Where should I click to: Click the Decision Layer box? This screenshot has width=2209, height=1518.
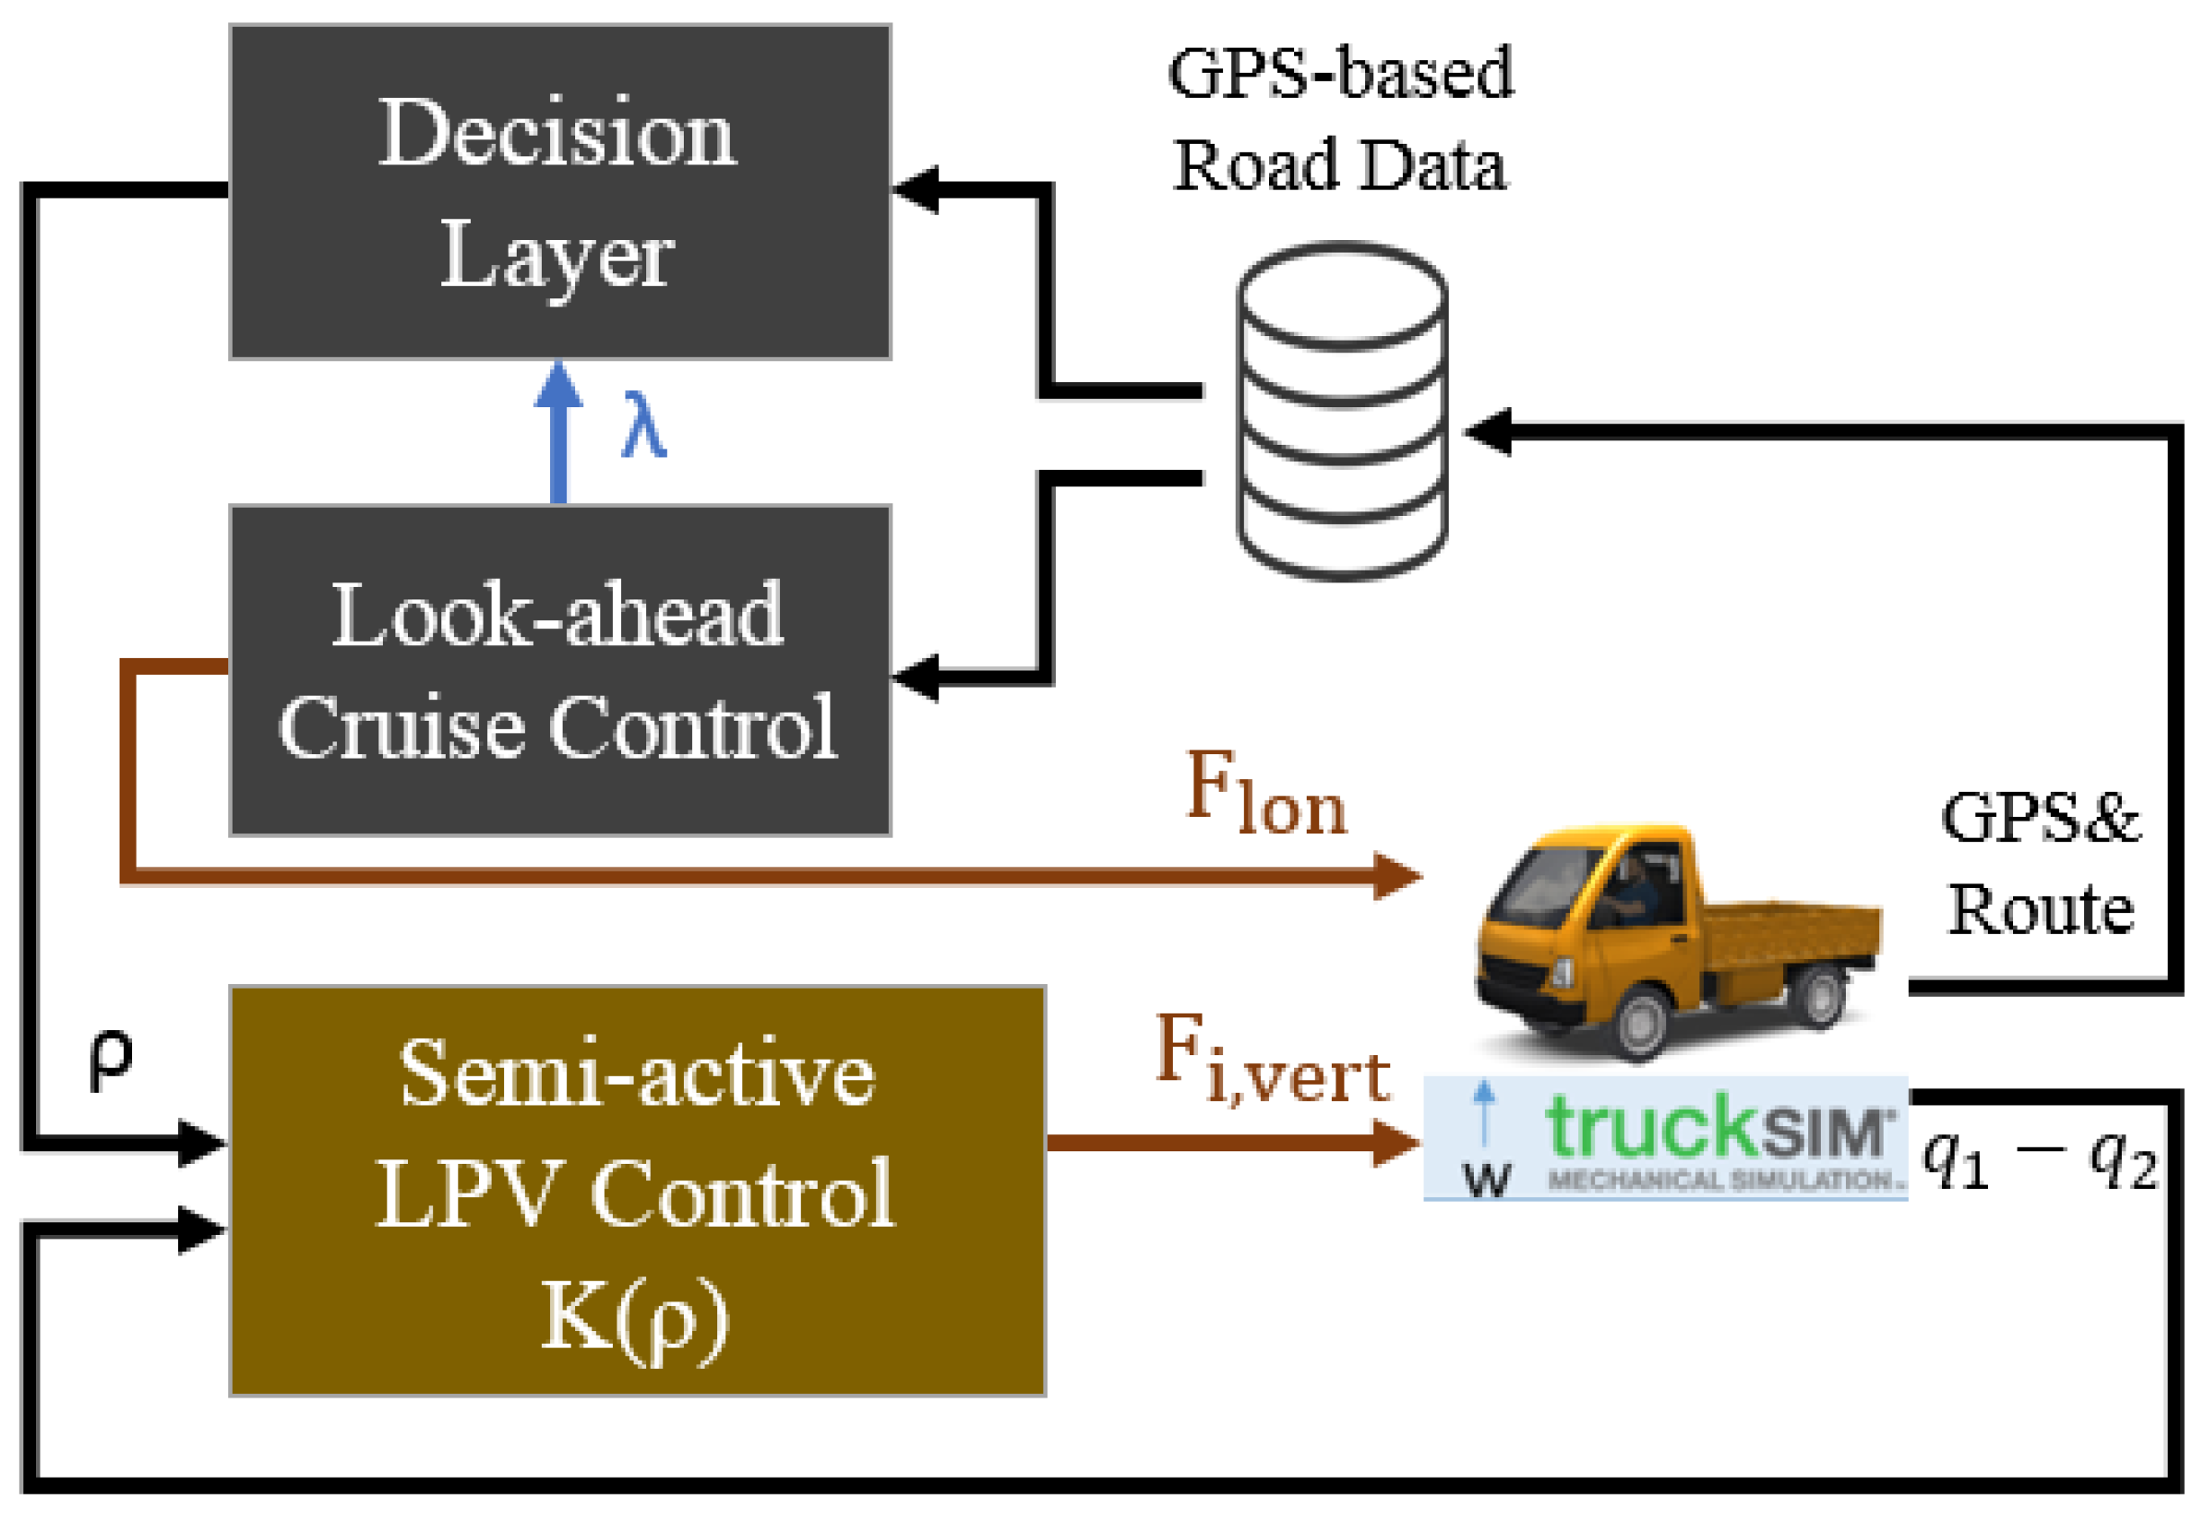coord(560,191)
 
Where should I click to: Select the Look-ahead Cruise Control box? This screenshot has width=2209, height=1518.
coord(560,670)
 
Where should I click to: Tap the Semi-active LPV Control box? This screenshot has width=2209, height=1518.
coord(637,1191)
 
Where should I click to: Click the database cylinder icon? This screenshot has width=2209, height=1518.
coord(1342,411)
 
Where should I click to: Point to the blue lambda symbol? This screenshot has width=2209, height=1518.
coord(643,425)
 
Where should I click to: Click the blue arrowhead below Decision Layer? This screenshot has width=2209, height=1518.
coord(559,386)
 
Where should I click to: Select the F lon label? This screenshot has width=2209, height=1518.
coord(1266,793)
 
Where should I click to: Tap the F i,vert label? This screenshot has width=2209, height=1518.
coord(1273,1060)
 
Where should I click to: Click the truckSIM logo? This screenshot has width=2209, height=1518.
coord(1665,1139)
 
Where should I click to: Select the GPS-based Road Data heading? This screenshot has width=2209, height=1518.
coord(1341,119)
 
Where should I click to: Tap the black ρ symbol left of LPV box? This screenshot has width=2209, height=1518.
coord(111,1061)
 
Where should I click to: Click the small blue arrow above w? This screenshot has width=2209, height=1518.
coord(1484,1113)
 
